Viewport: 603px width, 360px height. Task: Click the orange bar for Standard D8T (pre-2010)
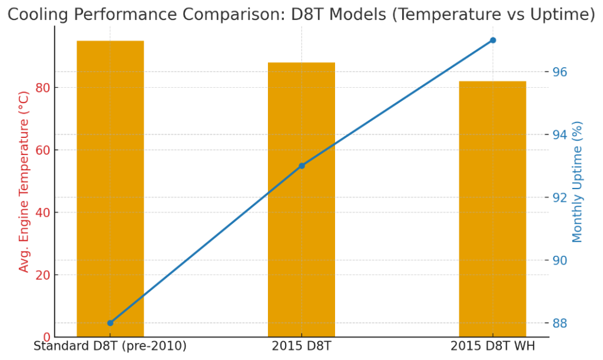(110, 189)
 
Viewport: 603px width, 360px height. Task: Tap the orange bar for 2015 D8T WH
(492, 209)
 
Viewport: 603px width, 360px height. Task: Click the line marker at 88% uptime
(110, 323)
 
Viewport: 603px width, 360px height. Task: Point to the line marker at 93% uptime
(301, 166)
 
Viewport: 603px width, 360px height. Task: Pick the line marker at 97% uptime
(493, 40)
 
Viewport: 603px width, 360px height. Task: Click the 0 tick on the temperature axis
(47, 337)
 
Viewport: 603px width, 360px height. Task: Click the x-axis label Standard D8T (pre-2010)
(110, 346)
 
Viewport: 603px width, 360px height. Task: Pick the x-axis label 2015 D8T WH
(492, 346)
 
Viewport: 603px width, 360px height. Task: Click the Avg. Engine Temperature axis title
(24, 181)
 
